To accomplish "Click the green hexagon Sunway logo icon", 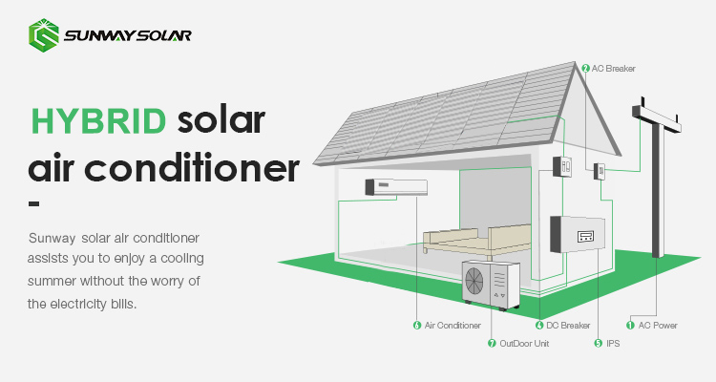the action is click(43, 35).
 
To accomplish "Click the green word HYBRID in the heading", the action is click(98, 121).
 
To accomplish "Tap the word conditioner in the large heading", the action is click(192, 167).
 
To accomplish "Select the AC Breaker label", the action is click(613, 69).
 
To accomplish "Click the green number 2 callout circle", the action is click(586, 69).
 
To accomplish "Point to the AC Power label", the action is click(658, 326).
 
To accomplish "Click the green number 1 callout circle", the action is click(630, 326).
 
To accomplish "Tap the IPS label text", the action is click(613, 343).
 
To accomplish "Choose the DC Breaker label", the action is click(568, 326).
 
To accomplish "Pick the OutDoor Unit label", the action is click(524, 343).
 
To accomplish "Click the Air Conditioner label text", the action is click(453, 326).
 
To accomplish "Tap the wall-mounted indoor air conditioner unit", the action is click(396, 187).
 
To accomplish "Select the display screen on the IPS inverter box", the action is click(585, 237).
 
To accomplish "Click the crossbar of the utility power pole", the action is click(656, 117).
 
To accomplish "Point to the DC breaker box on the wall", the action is click(562, 167).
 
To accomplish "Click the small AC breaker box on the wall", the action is click(600, 171).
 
